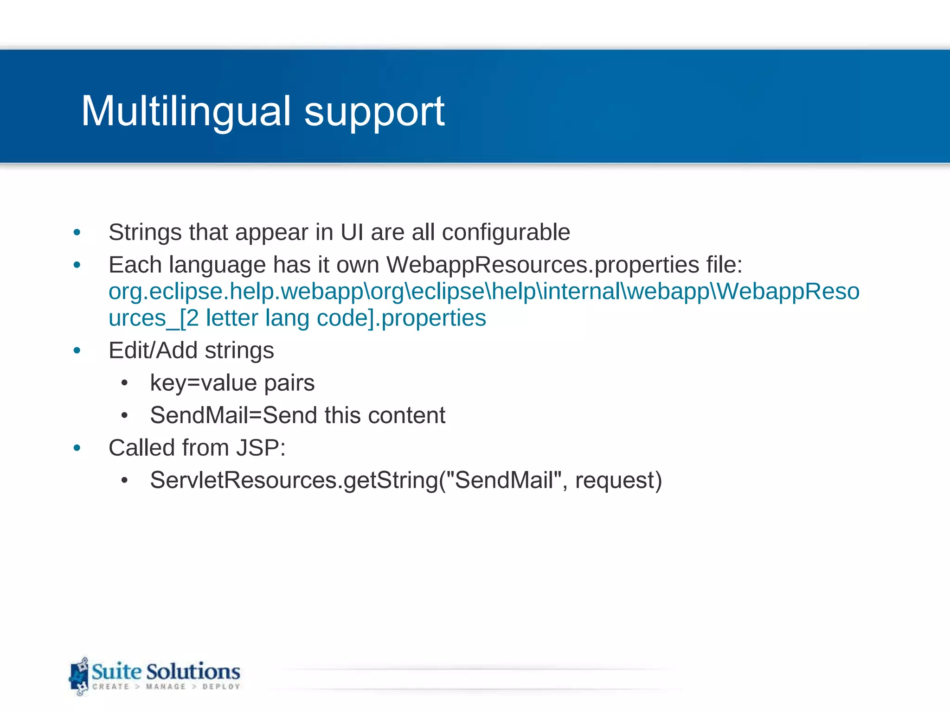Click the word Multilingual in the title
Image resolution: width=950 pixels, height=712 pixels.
coord(186,111)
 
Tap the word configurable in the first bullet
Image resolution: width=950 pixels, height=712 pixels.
coord(506,232)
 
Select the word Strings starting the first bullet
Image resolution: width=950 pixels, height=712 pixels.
coord(145,233)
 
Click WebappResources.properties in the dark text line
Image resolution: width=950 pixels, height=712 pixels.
coord(543,265)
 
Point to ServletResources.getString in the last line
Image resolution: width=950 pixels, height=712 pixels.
coord(294,480)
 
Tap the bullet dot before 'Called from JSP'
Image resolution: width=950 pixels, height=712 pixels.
coord(77,448)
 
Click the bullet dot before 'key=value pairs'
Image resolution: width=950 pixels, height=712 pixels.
coord(124,383)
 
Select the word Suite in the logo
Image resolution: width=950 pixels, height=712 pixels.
coord(116,672)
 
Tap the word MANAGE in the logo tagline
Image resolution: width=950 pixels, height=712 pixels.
coord(166,687)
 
